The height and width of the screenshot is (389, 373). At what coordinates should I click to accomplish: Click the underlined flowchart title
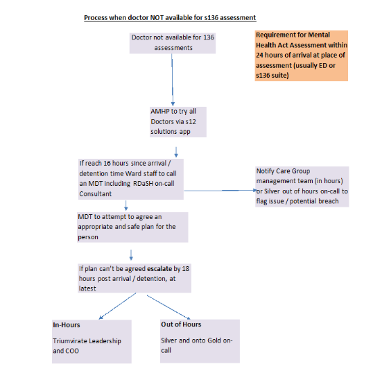170,17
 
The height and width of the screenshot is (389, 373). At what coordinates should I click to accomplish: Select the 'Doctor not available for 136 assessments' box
173,43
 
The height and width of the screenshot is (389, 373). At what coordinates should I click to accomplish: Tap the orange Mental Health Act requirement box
302,55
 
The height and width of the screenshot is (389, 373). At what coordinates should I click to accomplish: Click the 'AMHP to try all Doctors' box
178,122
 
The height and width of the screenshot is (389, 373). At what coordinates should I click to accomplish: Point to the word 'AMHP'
160,112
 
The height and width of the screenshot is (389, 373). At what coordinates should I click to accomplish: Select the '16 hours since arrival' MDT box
131,179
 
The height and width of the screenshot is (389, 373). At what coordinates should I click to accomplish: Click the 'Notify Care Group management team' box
302,187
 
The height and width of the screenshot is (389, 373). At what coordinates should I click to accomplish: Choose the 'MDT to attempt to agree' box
132,227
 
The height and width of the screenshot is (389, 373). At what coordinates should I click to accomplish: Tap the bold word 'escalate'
159,268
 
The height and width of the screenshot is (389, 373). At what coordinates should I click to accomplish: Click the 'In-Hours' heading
67,325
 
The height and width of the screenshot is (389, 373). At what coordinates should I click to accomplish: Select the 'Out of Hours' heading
181,325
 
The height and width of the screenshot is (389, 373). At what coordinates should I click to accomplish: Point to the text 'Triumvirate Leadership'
87,341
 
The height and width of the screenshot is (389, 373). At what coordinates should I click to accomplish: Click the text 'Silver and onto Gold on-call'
197,345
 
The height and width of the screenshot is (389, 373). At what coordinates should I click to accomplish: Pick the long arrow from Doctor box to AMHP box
173,80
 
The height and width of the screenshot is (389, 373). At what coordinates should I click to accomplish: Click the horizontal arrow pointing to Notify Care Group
220,191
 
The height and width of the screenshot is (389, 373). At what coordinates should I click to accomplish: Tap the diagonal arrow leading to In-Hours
118,306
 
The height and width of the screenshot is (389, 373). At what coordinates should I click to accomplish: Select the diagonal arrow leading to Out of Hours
168,307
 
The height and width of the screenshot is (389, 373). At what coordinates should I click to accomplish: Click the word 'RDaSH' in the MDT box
143,184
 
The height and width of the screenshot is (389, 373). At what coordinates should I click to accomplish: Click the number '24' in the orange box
260,55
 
